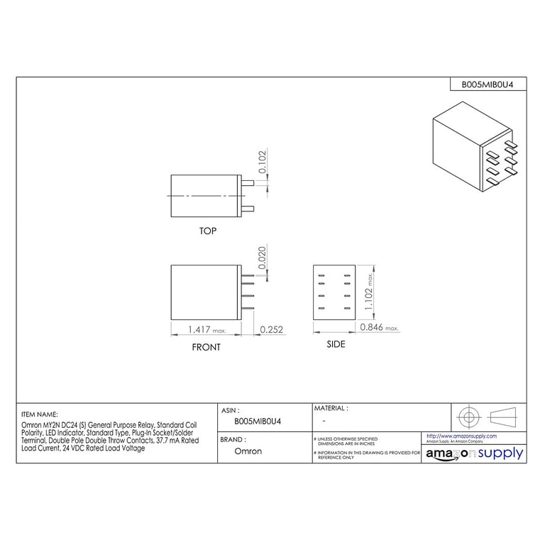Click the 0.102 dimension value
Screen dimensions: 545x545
click(x=262, y=163)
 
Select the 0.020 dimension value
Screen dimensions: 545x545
click(x=262, y=257)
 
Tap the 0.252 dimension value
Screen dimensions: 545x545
click(x=272, y=329)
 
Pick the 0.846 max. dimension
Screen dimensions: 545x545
click(x=379, y=327)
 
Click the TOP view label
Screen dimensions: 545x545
click(x=208, y=231)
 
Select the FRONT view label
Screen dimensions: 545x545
click(x=206, y=347)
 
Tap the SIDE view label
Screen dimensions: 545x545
click(x=336, y=344)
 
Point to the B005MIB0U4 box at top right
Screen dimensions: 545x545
click(x=488, y=84)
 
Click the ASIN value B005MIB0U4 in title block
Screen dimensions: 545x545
click(x=258, y=421)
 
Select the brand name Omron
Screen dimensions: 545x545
click(x=248, y=451)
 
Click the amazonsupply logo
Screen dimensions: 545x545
click(x=474, y=453)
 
